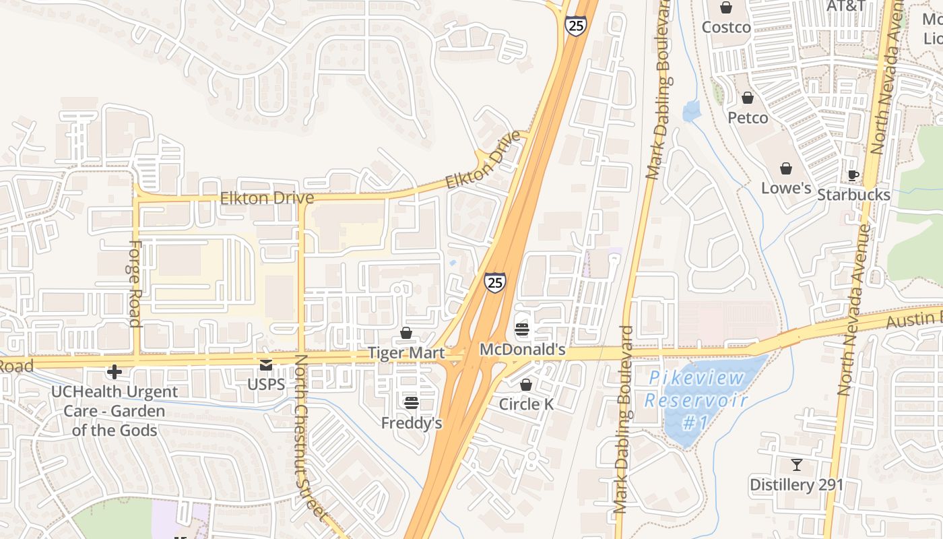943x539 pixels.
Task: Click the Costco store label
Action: [726, 28]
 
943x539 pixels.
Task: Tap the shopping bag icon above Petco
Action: [748, 98]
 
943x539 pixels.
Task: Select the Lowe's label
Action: [786, 188]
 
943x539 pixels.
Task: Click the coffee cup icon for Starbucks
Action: [853, 175]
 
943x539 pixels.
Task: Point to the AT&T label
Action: [845, 6]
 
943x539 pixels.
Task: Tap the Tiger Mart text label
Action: [406, 353]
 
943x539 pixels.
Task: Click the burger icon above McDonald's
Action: [522, 329]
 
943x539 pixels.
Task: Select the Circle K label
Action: [526, 404]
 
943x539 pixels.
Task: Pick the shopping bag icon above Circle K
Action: [526, 385]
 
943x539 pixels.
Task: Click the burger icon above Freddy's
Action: [412, 403]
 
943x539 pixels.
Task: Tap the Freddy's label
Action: [412, 423]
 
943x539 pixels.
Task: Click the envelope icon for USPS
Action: [266, 365]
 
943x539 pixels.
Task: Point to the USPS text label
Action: [266, 385]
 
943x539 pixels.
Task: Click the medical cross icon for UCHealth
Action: [115, 371]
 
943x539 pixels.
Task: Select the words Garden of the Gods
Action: [115, 421]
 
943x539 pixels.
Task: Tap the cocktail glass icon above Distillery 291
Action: [797, 464]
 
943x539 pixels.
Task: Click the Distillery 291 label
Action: [797, 484]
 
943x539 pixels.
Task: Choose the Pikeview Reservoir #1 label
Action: [696, 400]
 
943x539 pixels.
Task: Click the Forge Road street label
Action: [134, 284]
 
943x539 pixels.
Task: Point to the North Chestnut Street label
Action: [309, 438]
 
